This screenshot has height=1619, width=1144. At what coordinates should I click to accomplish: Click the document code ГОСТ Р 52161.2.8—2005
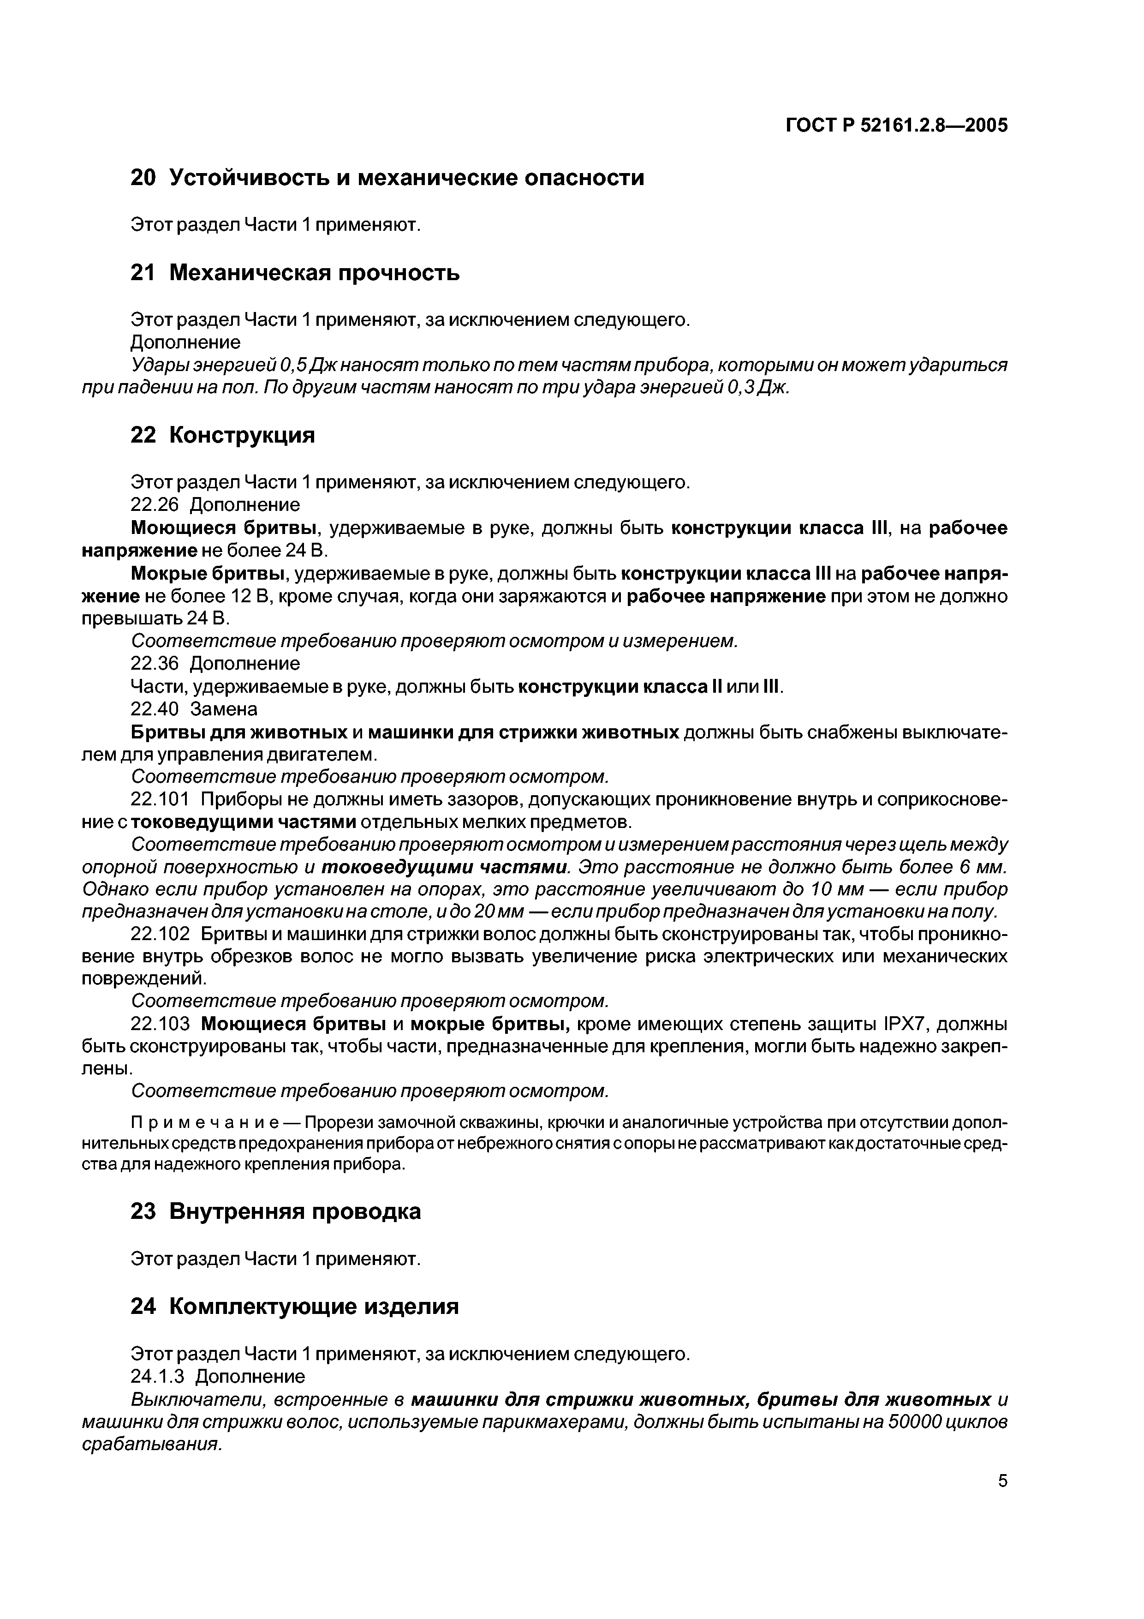tap(897, 126)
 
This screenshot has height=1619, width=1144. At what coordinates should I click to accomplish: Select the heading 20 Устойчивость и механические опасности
tap(387, 178)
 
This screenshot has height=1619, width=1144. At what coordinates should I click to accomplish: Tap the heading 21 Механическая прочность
tap(295, 272)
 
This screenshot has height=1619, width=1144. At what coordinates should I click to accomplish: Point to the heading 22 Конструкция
tap(223, 435)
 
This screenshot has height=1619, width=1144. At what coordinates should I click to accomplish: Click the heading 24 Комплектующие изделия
tap(295, 1307)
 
